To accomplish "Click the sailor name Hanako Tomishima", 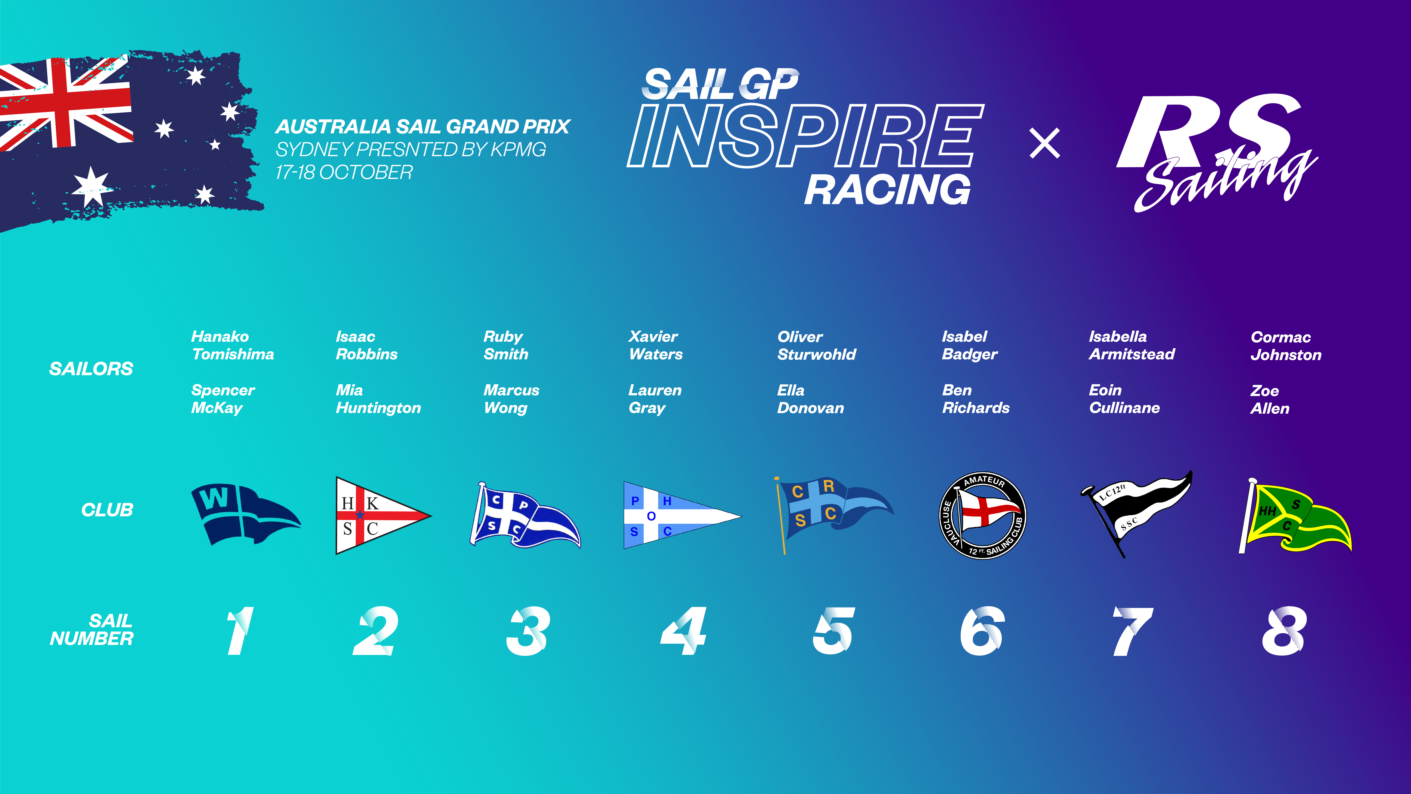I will point(232,345).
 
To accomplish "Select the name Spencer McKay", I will point(222,399).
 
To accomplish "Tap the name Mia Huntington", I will point(378,399).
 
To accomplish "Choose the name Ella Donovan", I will point(810,399).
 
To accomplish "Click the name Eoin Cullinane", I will point(1124,399).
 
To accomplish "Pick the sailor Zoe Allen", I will point(1270,399).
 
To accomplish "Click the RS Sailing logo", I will point(1216,151).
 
